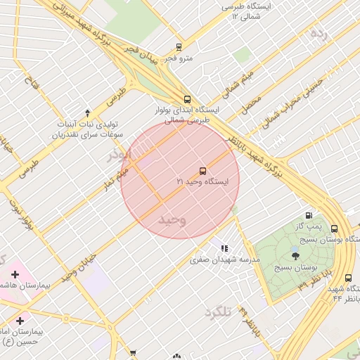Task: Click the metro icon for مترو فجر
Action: (x=179, y=48)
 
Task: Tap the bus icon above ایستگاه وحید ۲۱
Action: (x=202, y=170)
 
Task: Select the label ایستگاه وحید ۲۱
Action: (x=202, y=182)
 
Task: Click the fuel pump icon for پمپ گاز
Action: (x=308, y=215)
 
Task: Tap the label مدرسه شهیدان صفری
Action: (x=225, y=259)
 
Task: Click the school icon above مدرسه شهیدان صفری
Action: (x=224, y=248)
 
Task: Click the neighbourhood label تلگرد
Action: (x=218, y=311)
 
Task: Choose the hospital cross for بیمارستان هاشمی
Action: (x=15, y=274)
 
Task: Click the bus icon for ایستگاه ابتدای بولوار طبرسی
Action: (x=187, y=99)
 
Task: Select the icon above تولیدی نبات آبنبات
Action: (x=87, y=112)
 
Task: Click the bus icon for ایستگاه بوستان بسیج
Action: (x=333, y=229)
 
